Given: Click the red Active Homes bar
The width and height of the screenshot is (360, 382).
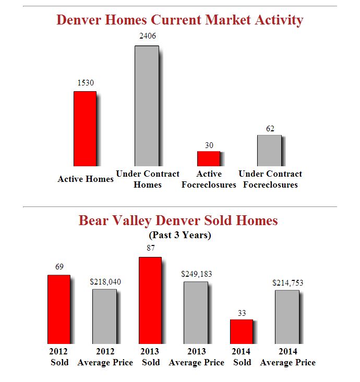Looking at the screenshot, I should click(x=85, y=129).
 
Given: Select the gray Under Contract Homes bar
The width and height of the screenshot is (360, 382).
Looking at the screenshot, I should click(x=147, y=106).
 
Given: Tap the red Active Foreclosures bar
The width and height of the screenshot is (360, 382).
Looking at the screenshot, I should click(x=208, y=158).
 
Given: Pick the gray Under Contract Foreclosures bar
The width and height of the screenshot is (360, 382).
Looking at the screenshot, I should click(x=269, y=151).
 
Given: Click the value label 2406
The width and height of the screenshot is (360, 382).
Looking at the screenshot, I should click(x=147, y=36).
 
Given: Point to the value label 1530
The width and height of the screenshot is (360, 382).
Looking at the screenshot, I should click(x=86, y=82).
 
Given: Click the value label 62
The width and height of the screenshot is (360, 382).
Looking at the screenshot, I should click(x=270, y=128).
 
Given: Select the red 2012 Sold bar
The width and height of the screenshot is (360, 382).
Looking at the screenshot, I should click(x=59, y=309).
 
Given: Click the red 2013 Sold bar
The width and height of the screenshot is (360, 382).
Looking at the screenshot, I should click(x=150, y=300).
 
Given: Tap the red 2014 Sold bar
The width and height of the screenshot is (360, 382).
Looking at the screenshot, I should click(x=242, y=331).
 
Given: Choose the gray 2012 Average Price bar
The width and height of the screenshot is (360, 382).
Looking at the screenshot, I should click(x=104, y=316).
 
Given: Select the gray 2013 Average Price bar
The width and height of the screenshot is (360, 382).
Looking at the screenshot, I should click(x=196, y=312).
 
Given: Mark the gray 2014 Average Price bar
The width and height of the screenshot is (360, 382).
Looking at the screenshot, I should click(x=287, y=316).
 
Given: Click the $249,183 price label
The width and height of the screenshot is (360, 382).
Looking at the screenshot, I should click(x=196, y=274).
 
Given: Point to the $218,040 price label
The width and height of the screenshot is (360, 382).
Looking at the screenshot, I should click(x=105, y=281).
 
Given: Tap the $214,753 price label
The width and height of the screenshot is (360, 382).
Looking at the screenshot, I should click(x=287, y=282).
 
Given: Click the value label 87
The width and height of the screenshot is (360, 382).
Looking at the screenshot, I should click(x=151, y=248).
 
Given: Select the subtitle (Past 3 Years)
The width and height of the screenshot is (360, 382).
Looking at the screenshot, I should click(x=180, y=235).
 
